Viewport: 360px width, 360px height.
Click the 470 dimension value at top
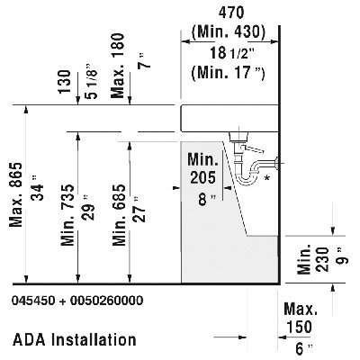point(231,13)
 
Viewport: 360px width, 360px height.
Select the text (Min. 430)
point(229,31)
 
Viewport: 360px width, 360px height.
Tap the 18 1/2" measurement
point(232,53)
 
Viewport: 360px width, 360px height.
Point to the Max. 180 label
point(118,66)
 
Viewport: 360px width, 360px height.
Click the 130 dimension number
point(65,82)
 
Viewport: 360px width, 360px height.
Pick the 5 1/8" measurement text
point(91,81)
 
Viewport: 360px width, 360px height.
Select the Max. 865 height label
point(16,194)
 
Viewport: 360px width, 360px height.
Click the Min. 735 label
point(67,215)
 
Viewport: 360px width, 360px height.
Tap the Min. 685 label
point(119,215)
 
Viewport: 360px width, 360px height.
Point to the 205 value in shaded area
point(202,177)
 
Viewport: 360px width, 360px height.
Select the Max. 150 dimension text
point(301,318)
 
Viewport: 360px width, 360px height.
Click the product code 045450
point(33,301)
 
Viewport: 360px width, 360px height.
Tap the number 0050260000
point(106,301)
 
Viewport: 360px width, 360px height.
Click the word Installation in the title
point(94,340)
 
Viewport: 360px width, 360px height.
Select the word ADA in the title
point(29,340)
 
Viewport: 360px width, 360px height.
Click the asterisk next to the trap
point(266,178)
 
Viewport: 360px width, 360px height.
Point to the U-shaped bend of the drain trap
point(247,179)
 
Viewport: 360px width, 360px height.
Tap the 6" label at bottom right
point(304,349)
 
